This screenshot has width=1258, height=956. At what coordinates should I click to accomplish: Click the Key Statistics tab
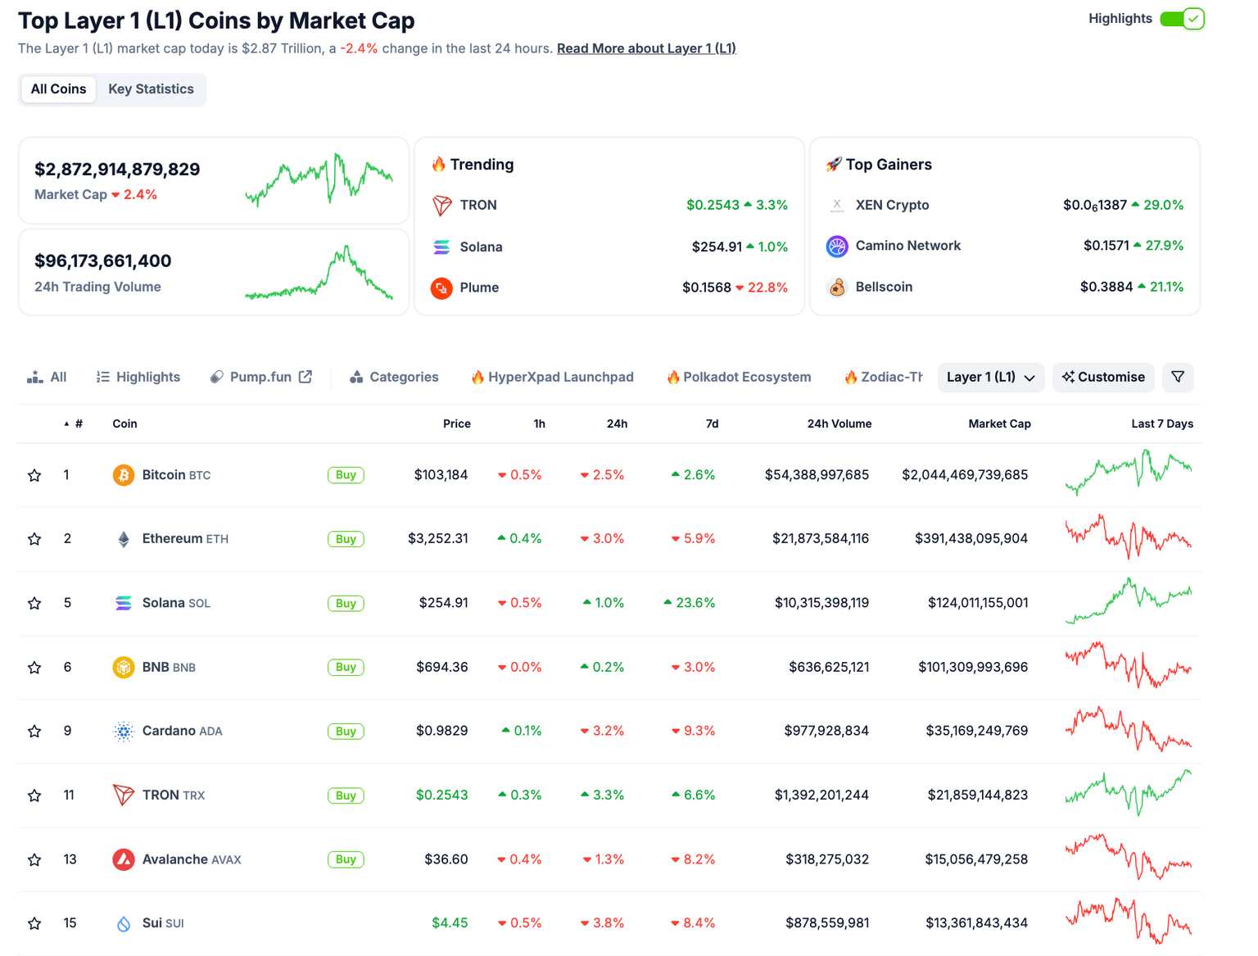[x=151, y=89]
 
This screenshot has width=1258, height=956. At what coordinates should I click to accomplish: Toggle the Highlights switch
[x=1182, y=19]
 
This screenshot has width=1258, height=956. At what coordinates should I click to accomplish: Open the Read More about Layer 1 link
[x=646, y=48]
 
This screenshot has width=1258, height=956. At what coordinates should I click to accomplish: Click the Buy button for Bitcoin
[x=346, y=475]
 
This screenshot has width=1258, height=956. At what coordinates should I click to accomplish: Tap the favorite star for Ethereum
[x=34, y=539]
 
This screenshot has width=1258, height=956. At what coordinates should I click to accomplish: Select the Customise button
[x=1103, y=377]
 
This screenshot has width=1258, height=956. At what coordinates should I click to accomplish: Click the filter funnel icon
[x=1178, y=377]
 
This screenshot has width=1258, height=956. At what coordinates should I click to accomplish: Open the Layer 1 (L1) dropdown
[x=990, y=377]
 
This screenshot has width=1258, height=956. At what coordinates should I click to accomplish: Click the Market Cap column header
[x=999, y=424]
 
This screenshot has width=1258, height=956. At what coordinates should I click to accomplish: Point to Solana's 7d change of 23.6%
[x=690, y=603]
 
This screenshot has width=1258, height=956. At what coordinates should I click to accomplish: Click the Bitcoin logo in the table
[x=123, y=475]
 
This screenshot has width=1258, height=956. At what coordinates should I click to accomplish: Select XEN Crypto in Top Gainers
[x=891, y=205]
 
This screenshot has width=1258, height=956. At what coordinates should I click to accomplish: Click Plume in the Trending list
[x=479, y=288]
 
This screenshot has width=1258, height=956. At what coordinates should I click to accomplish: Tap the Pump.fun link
[x=260, y=377]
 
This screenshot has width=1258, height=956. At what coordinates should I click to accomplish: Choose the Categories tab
[x=394, y=377]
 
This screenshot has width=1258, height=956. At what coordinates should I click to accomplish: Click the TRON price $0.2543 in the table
[x=441, y=795]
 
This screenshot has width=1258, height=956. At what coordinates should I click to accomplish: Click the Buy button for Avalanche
[x=346, y=859]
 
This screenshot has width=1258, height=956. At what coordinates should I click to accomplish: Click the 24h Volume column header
[x=839, y=424]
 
